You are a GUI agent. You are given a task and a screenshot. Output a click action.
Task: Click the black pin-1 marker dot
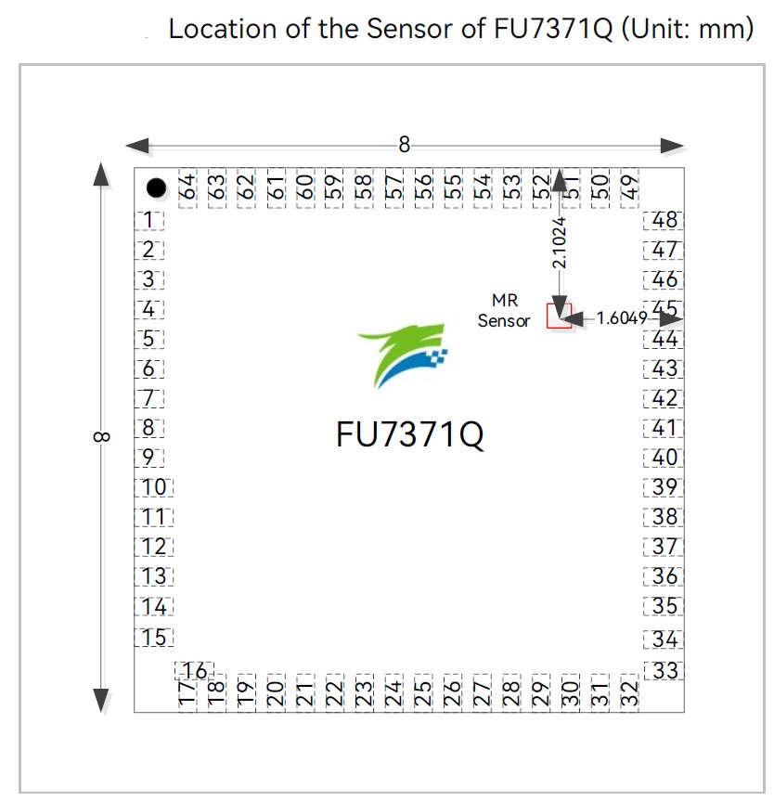tap(156, 188)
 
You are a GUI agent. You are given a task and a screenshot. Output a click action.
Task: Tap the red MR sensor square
tap(559, 316)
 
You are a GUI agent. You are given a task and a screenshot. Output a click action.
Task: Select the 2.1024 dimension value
tap(560, 242)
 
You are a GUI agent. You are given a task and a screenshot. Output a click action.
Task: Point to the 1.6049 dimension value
tap(622, 318)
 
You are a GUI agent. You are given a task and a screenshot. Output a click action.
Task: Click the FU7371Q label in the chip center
tap(409, 434)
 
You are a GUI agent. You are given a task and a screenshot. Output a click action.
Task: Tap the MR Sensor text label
tap(504, 310)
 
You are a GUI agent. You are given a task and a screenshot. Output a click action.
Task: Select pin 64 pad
tap(187, 188)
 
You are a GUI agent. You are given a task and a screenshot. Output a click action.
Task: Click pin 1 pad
tap(149, 221)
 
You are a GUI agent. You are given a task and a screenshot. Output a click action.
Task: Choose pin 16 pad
tap(194, 671)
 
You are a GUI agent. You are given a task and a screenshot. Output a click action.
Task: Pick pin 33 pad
tap(664, 670)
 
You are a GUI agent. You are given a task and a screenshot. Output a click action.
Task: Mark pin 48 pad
tap(664, 221)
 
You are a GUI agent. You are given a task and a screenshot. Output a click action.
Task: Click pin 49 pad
tap(629, 188)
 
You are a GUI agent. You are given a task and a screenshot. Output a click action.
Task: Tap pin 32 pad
tap(629, 692)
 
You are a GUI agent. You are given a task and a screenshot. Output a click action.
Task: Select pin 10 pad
tap(154, 487)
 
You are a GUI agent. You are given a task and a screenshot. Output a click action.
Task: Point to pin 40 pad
tap(664, 458)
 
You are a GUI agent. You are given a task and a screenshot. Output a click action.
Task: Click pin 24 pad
tap(393, 692)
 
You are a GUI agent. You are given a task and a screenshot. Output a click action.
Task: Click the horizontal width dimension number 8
tap(404, 145)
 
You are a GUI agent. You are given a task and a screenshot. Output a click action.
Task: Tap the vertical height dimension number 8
tap(102, 437)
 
